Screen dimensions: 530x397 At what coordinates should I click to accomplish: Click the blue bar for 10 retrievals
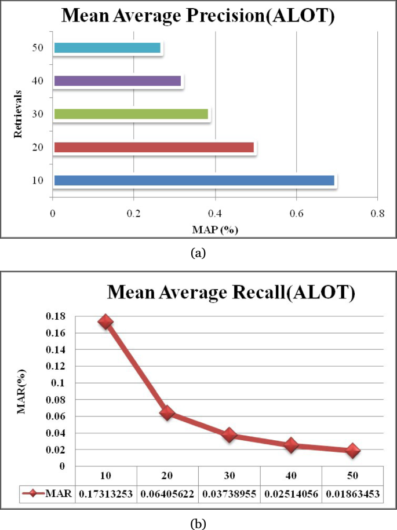[194, 180]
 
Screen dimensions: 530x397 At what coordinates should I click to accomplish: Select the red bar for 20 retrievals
[154, 147]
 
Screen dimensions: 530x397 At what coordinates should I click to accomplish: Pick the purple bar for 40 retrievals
[118, 81]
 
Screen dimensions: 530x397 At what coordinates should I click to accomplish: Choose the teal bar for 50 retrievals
[107, 48]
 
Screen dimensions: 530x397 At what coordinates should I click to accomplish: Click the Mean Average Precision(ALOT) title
[198, 15]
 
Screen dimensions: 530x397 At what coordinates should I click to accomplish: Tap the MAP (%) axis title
[215, 229]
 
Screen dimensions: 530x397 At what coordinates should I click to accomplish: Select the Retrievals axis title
[19, 114]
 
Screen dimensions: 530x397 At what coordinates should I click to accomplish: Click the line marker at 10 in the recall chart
[105, 322]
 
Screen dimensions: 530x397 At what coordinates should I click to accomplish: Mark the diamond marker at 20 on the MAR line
[167, 413]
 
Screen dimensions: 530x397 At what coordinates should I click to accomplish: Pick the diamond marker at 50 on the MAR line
[353, 450]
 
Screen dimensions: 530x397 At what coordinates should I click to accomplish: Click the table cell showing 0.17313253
[105, 494]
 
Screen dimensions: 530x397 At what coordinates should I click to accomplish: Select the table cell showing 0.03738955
[230, 494]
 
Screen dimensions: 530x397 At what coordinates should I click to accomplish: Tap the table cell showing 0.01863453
[353, 494]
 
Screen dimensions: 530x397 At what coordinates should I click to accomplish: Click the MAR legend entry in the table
[46, 494]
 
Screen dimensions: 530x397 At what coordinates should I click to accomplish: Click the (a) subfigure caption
[198, 252]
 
